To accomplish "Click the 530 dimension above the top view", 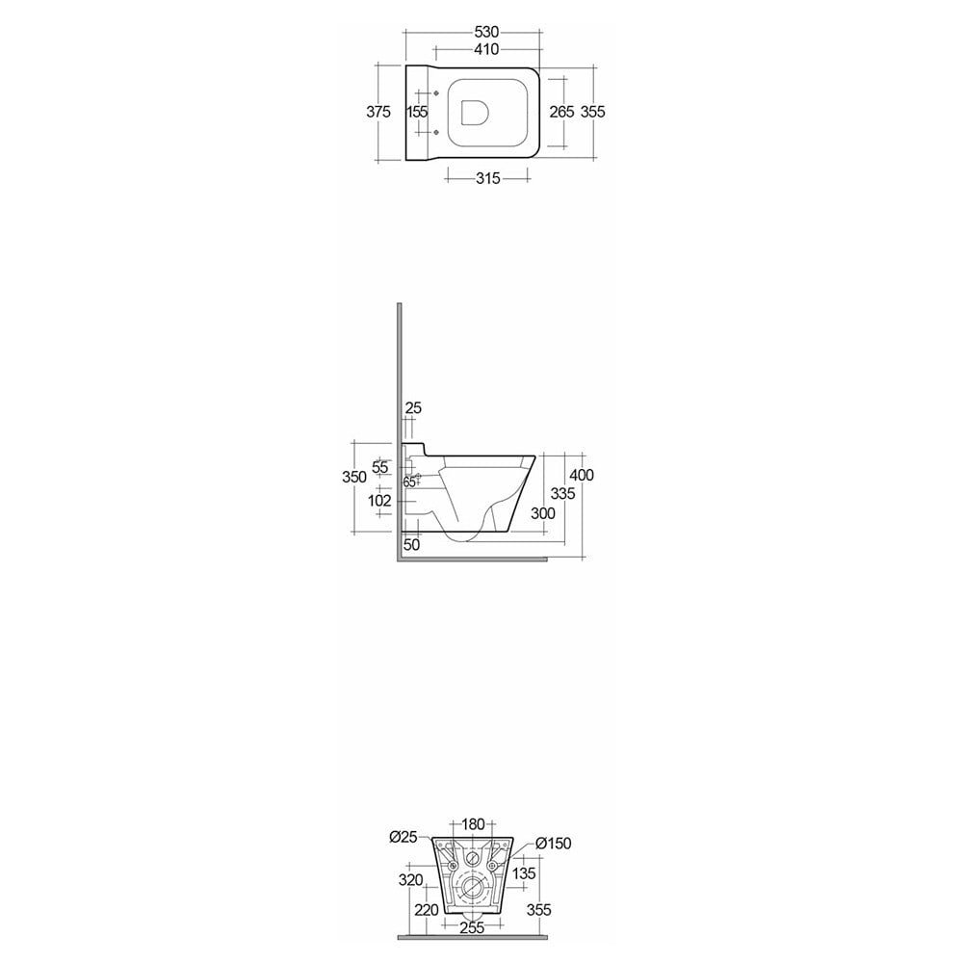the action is (486, 32).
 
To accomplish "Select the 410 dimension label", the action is (486, 49).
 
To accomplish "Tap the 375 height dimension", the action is (378, 112).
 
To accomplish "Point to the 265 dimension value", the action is (562, 112).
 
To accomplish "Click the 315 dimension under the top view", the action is (488, 178).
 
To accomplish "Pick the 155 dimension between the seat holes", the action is (417, 112).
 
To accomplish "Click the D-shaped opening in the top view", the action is (474, 112).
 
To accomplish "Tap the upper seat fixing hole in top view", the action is (436, 93).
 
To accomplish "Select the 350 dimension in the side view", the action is (354, 477).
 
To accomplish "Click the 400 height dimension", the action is (582, 475).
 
